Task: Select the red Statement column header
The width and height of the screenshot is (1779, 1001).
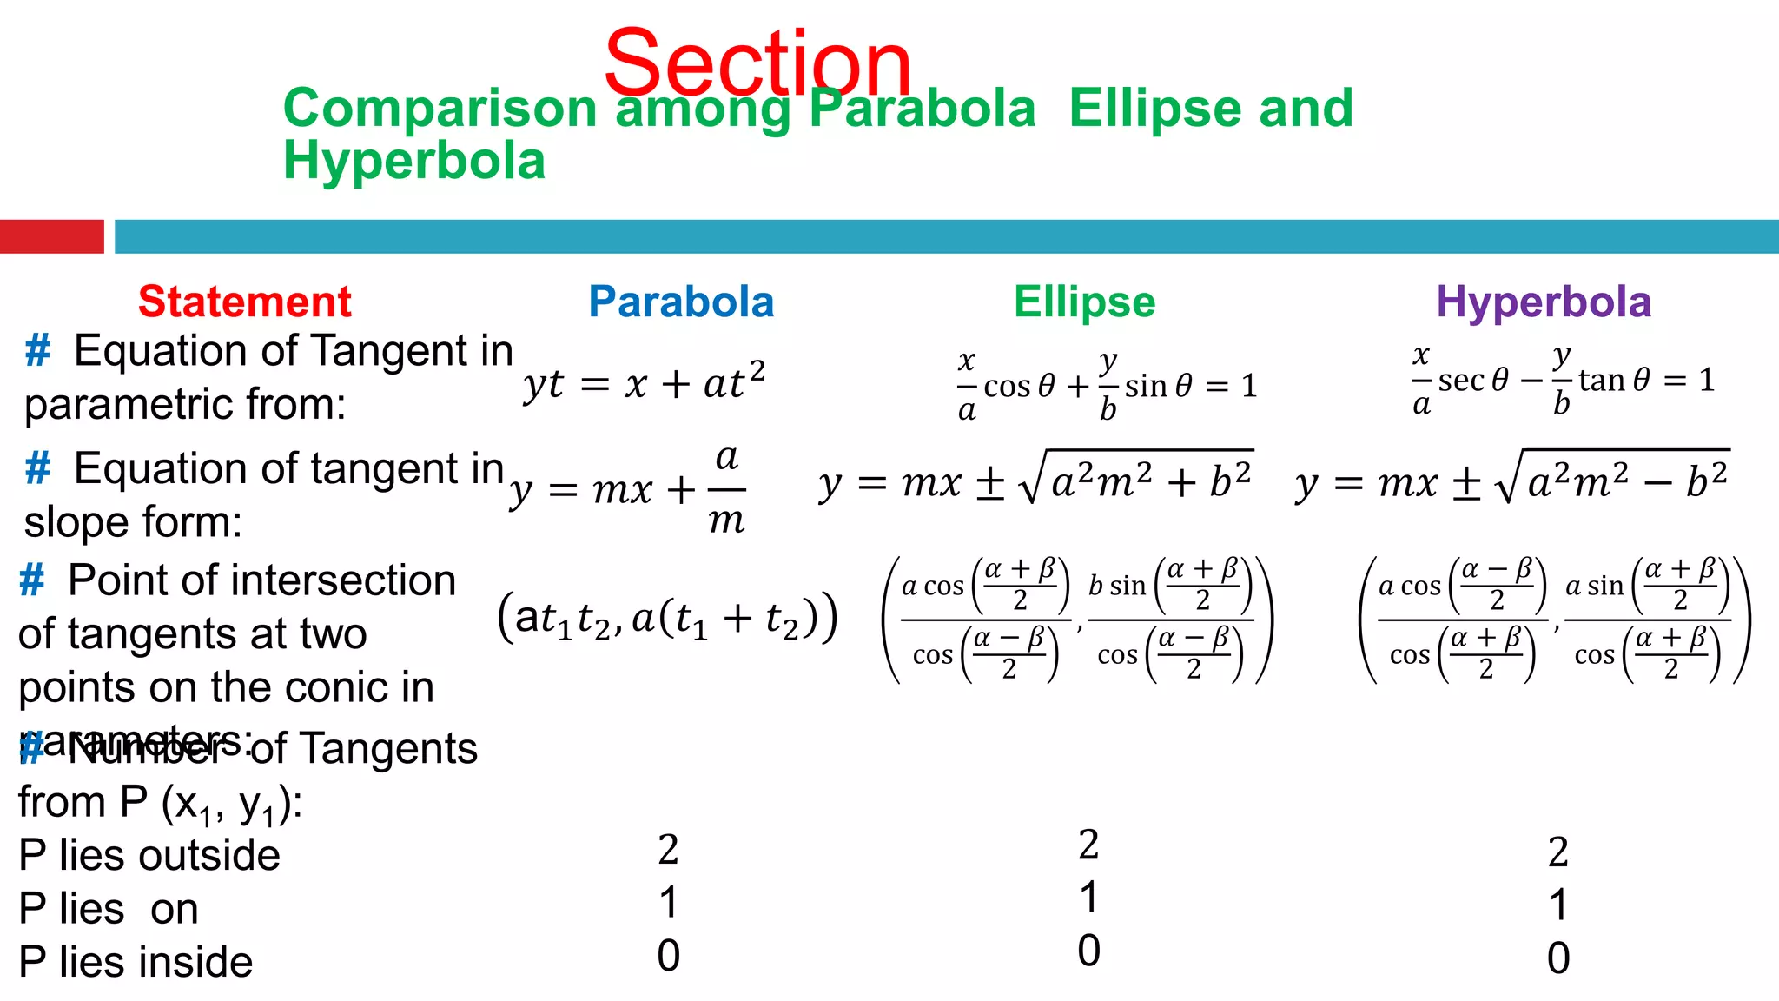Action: point(244,302)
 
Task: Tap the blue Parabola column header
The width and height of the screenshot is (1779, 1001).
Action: point(681,302)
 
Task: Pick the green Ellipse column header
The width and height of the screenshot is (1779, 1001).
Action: point(1084,302)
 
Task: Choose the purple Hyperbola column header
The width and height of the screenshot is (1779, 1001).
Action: point(1543,302)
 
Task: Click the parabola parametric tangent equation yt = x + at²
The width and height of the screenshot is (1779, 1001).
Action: point(644,382)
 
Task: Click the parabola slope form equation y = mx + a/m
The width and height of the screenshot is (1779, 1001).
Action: point(628,489)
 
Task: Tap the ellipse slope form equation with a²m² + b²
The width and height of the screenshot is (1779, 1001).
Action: point(1035,481)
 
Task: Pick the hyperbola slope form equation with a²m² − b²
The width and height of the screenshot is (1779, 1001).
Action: point(1511,481)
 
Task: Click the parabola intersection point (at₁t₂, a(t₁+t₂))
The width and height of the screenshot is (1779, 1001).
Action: point(667,618)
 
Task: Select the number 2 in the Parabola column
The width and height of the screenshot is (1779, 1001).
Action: point(668,850)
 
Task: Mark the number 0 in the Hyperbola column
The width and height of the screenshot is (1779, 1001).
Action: point(1558,958)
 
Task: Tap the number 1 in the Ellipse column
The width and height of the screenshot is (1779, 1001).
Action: point(1088,898)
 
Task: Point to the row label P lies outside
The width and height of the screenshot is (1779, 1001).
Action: point(149,856)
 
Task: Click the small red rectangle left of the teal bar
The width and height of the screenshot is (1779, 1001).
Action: point(51,236)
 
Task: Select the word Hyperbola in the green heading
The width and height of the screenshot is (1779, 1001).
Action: point(414,161)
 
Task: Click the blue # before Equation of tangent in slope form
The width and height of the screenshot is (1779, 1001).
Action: point(37,468)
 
